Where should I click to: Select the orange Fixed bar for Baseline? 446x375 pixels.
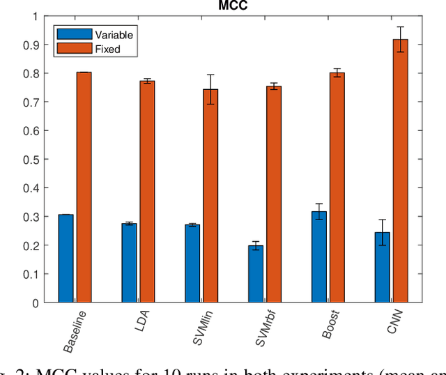84,187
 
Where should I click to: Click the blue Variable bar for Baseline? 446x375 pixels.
66,259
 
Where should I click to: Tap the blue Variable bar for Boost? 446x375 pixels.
318,257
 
